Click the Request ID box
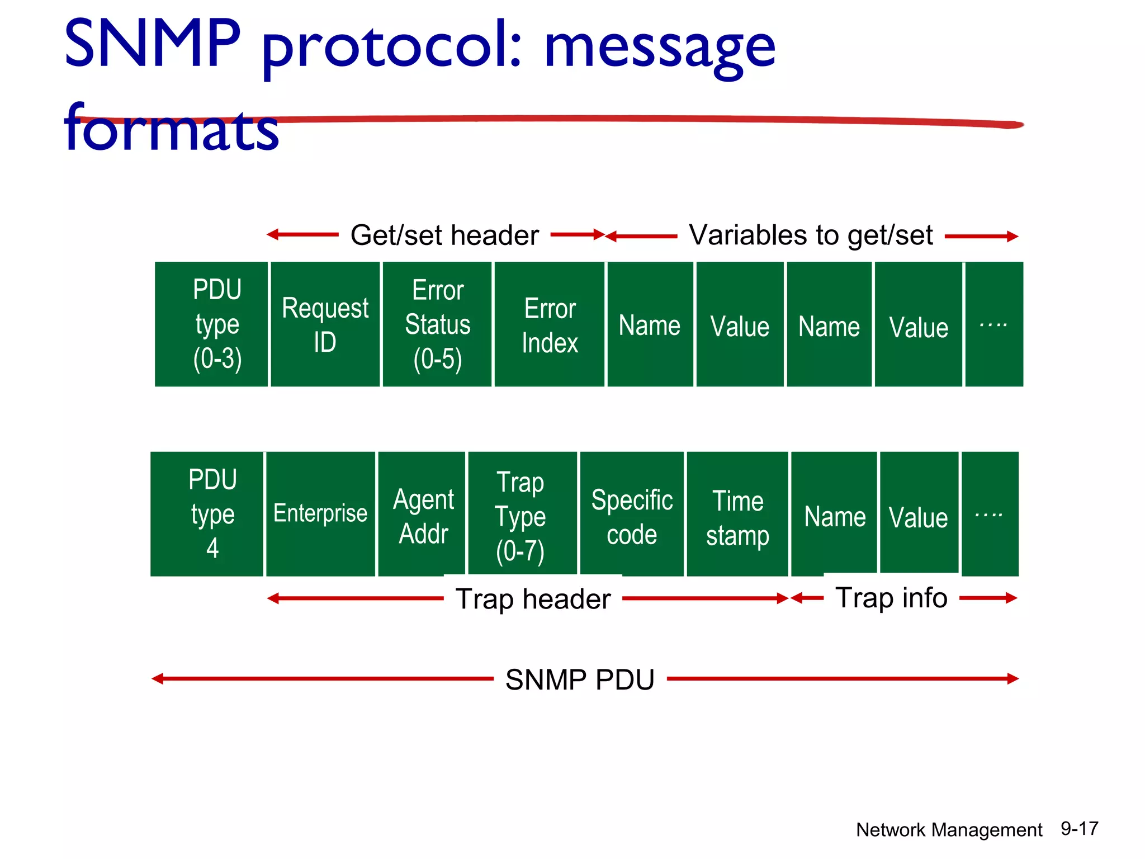click(x=325, y=324)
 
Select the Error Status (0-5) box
click(x=437, y=324)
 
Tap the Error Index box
click(x=550, y=324)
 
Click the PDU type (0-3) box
click(x=217, y=324)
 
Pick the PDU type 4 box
click(x=212, y=514)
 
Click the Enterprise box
click(x=320, y=513)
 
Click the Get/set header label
click(x=444, y=235)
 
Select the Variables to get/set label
click(x=811, y=235)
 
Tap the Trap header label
click(x=533, y=599)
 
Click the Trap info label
click(x=891, y=598)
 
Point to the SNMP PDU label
click(x=580, y=679)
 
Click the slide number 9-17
click(x=1080, y=828)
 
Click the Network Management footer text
click(x=949, y=830)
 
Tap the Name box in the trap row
click(x=835, y=516)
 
